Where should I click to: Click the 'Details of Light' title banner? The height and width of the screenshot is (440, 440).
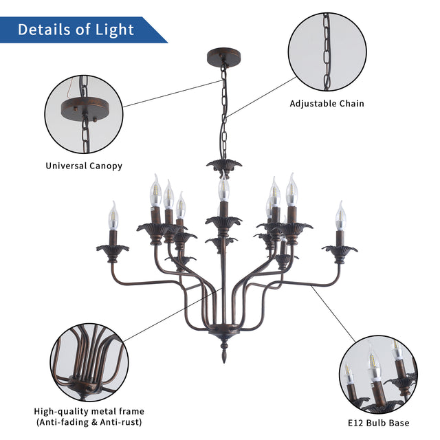point(76,30)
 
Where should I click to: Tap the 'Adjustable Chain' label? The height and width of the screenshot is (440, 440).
point(327,104)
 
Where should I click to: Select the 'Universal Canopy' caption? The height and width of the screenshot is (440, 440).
point(84,166)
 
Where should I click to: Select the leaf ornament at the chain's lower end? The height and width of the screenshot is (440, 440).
point(224,165)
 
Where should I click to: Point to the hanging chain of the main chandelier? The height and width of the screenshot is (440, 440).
point(223,110)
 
